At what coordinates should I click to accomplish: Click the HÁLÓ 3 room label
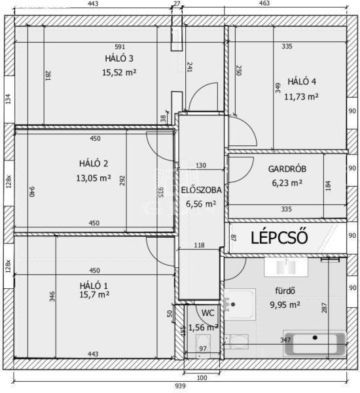pos(119,58)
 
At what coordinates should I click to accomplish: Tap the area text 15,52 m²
pos(119,73)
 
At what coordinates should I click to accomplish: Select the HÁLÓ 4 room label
pos(302,81)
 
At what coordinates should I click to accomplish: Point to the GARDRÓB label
pos(287,169)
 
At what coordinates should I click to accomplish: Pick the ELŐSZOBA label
pos(202,190)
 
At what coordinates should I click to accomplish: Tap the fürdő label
pos(285,291)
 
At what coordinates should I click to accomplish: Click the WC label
pos(208,313)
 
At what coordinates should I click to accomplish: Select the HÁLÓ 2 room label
pos(94,164)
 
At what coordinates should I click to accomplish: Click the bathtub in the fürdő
pos(315,343)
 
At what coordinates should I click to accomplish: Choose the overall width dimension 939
pos(180,386)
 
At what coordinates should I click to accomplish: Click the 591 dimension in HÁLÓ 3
pos(120,47)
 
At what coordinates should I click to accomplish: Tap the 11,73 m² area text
pos(301,96)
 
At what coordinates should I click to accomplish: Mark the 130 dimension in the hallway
pos(201,166)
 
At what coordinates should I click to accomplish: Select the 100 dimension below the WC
pos(202,377)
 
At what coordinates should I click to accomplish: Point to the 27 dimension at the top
pos(177,3)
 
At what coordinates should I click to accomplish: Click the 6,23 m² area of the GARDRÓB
pos(287,183)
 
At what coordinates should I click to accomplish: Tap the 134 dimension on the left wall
pos(9,99)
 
